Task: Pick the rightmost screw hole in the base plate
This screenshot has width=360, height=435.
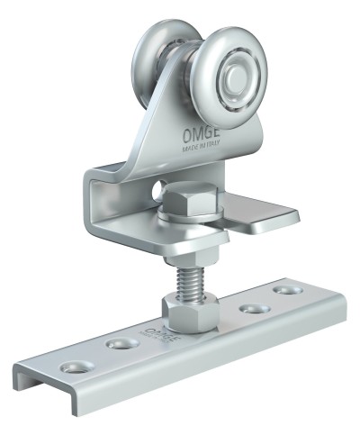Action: click(x=286, y=290)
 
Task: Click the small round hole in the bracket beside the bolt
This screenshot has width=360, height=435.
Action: click(x=159, y=192)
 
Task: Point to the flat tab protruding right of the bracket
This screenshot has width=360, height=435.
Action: click(x=270, y=217)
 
